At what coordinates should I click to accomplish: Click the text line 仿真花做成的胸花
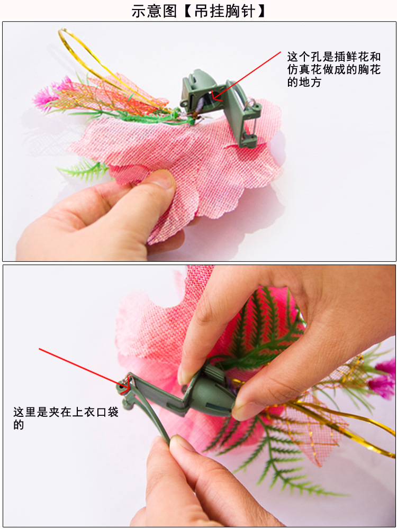pos(333,70)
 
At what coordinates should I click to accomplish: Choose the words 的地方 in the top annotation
pos(304,83)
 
